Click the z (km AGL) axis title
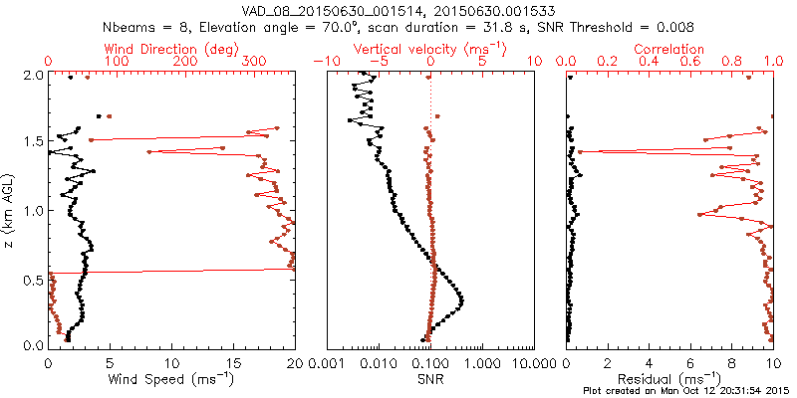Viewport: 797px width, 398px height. (10, 209)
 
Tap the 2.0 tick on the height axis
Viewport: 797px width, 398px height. (32, 75)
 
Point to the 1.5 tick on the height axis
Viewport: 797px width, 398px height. (32, 142)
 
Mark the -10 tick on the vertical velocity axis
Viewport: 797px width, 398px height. (321, 62)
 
